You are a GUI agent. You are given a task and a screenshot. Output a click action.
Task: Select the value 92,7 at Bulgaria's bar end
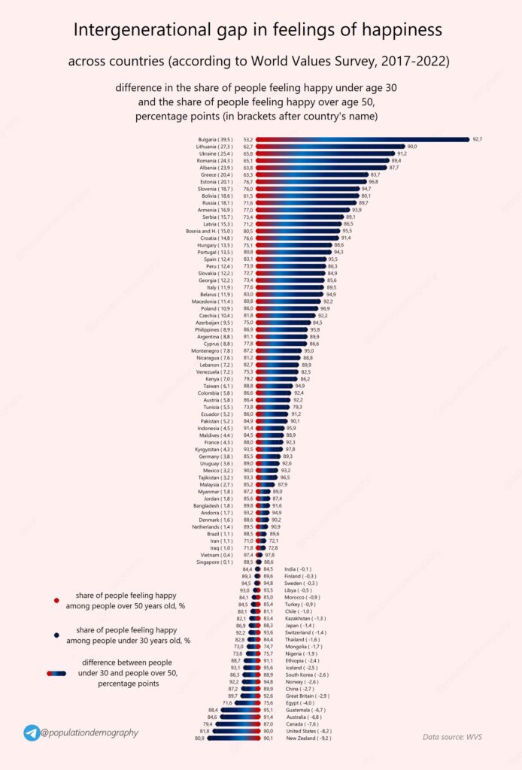[x=477, y=139]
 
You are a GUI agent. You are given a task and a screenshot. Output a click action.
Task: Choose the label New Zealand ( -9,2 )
[x=308, y=738]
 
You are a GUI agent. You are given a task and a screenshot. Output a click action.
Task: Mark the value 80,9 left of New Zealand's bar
[x=199, y=738]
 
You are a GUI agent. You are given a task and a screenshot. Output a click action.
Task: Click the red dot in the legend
[x=56, y=600]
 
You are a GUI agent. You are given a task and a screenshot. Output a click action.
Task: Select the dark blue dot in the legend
[x=56, y=635]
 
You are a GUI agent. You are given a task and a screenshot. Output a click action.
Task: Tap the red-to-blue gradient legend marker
[x=56, y=673]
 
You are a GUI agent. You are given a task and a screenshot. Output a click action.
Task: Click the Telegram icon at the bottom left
[x=32, y=732]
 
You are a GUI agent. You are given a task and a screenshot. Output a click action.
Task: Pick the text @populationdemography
[x=90, y=732]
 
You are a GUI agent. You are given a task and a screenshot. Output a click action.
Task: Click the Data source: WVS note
[x=451, y=737]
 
